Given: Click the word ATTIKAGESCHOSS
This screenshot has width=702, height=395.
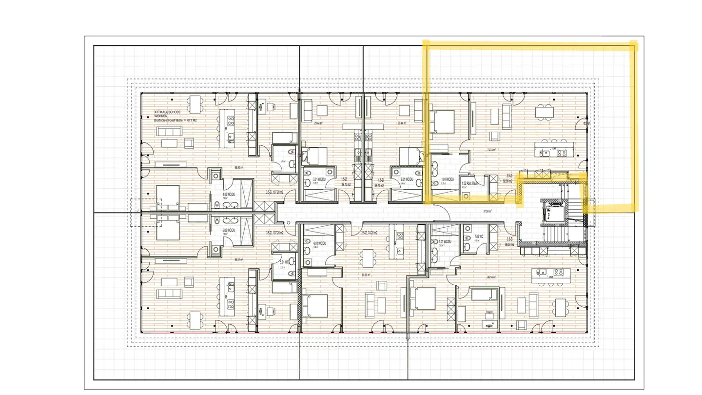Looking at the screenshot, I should click(x=167, y=112).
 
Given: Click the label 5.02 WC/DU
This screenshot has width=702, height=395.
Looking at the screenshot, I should click(x=229, y=230).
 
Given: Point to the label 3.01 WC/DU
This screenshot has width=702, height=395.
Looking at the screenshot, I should click(x=319, y=179).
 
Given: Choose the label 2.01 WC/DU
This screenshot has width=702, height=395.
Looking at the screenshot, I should click(x=406, y=179).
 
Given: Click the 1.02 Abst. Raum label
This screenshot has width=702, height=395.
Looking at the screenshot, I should click(x=470, y=183).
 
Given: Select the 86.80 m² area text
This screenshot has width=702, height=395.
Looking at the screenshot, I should click(x=238, y=167).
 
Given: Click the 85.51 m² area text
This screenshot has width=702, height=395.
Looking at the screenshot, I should click(x=238, y=259).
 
